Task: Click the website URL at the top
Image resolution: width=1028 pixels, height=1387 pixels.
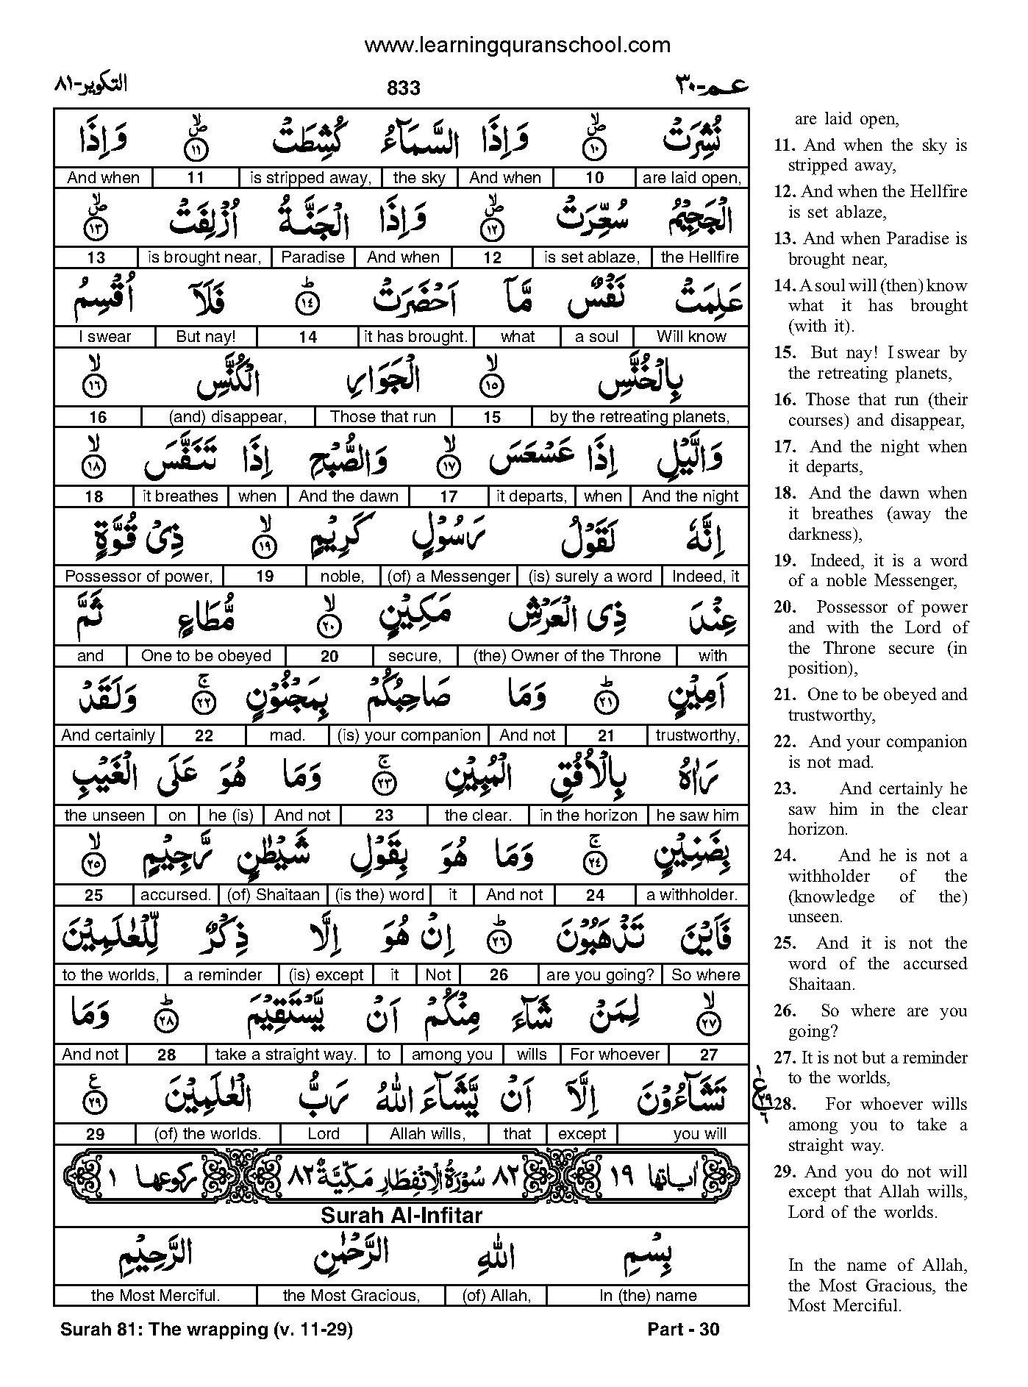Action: click(517, 46)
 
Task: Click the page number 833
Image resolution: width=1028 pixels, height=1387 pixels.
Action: click(403, 89)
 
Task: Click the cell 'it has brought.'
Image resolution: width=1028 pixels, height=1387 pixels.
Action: click(416, 337)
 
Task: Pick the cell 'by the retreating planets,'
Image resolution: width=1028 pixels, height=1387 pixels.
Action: click(639, 417)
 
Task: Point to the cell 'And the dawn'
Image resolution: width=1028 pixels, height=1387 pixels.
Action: click(348, 496)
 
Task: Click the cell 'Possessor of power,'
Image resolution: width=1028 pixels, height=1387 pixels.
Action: click(138, 577)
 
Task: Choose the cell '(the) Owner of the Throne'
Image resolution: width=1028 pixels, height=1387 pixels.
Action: click(567, 656)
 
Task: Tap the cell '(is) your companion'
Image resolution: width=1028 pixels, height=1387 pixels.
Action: click(409, 735)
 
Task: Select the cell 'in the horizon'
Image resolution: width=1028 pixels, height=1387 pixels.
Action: click(588, 815)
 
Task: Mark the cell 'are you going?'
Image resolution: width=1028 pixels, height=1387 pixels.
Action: click(599, 975)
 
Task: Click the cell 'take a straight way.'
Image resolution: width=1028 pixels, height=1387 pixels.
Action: click(285, 1055)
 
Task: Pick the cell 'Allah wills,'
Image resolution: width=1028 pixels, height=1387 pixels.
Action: click(427, 1134)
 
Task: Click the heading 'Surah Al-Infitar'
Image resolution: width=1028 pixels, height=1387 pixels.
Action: click(401, 1216)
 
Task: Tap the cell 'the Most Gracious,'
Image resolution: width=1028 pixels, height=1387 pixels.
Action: click(351, 1296)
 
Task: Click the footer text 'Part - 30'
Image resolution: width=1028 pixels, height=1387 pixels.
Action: click(683, 1330)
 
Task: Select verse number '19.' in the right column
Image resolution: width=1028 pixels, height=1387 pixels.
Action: click(785, 560)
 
